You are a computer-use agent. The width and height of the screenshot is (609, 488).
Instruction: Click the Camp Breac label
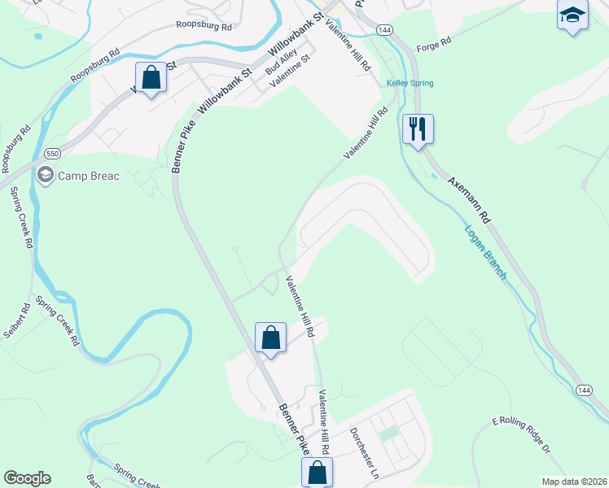click(89, 176)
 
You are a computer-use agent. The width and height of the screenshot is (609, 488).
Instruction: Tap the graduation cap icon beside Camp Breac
click(45, 175)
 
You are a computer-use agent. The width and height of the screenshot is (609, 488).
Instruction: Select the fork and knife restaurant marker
click(418, 129)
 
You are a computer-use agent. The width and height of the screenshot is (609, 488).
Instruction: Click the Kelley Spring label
click(410, 83)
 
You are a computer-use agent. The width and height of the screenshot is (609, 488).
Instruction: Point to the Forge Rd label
click(434, 44)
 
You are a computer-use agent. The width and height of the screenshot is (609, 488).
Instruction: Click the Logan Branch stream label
click(486, 252)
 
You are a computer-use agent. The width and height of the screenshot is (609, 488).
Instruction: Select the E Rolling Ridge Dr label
click(522, 435)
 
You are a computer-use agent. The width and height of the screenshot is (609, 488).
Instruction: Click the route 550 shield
click(53, 153)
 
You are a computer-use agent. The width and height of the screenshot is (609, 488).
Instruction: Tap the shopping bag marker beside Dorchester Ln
click(317, 471)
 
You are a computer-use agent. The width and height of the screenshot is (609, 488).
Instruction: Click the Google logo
click(27, 477)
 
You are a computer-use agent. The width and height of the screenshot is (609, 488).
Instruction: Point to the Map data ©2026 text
click(574, 481)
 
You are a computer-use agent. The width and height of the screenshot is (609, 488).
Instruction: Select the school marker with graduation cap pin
click(572, 15)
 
